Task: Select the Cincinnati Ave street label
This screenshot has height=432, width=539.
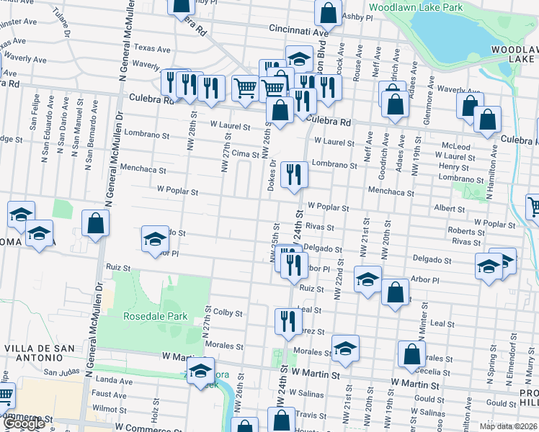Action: tap(298, 32)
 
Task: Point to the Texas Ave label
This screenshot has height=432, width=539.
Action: tap(152, 50)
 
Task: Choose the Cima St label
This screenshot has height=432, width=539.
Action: tap(245, 154)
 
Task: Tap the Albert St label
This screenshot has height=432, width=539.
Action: tap(450, 209)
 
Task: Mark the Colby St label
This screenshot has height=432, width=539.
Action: tap(228, 313)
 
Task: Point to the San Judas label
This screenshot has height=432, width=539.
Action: tap(61, 372)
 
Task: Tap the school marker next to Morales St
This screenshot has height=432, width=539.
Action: tap(345, 347)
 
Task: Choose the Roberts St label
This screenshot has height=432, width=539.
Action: tap(465, 231)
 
